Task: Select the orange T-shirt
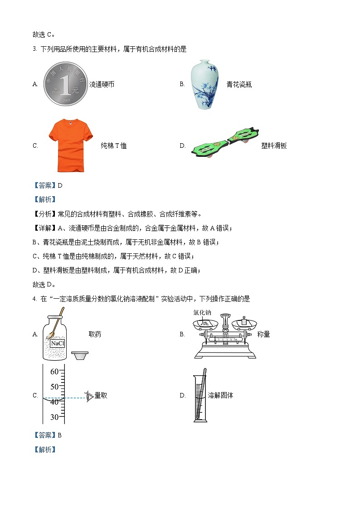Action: [70, 145]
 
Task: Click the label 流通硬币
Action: [102, 84]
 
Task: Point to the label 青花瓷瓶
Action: [239, 84]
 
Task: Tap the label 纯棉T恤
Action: [113, 145]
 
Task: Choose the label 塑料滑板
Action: [274, 145]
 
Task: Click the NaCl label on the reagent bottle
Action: [58, 344]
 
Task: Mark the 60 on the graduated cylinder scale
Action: [54, 372]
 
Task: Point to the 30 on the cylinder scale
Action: [54, 417]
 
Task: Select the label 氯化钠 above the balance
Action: [202, 313]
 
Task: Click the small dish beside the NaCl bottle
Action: [80, 355]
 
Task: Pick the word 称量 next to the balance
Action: [263, 334]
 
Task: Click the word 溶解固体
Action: [220, 395]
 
